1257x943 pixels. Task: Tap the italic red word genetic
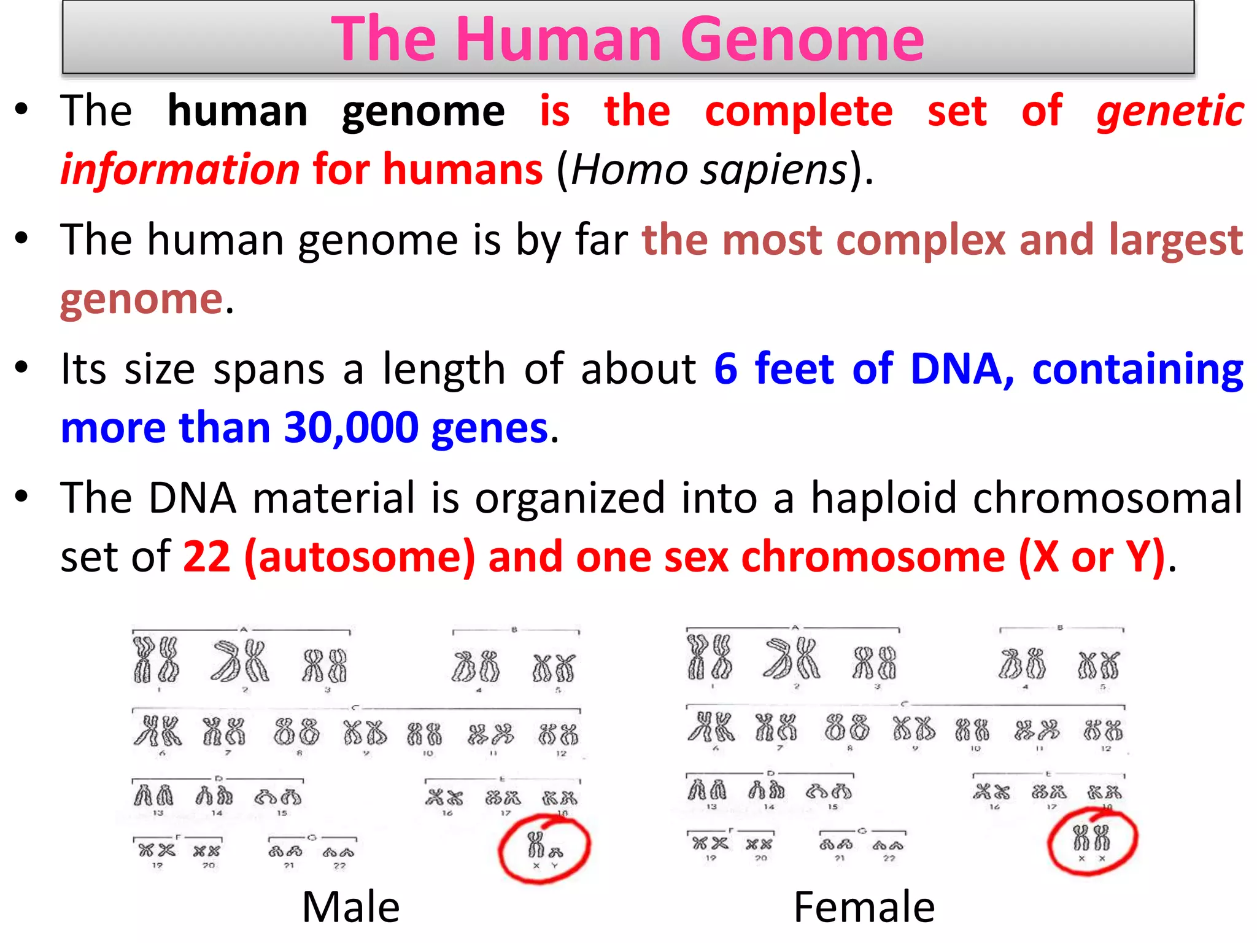point(1170,112)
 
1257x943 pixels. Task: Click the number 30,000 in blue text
point(351,427)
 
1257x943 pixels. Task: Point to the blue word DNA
point(956,369)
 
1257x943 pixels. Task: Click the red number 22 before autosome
point(207,557)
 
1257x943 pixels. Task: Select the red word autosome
point(360,557)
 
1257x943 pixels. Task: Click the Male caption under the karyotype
point(350,907)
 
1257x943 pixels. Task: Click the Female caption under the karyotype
point(864,907)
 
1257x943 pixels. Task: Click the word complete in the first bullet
point(799,112)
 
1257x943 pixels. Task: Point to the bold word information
point(180,169)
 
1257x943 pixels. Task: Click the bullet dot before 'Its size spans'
point(22,368)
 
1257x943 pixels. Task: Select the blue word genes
point(489,429)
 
